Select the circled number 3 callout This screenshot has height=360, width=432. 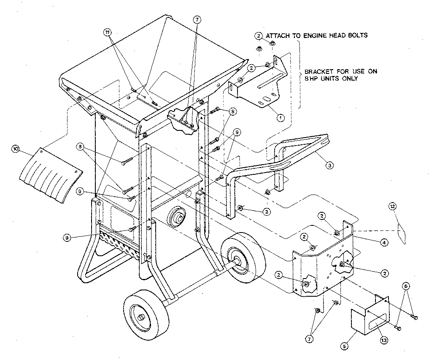click(329, 166)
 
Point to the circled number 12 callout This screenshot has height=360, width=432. click(392, 206)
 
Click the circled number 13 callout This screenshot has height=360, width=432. click(406, 286)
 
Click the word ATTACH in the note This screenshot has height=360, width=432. click(279, 35)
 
